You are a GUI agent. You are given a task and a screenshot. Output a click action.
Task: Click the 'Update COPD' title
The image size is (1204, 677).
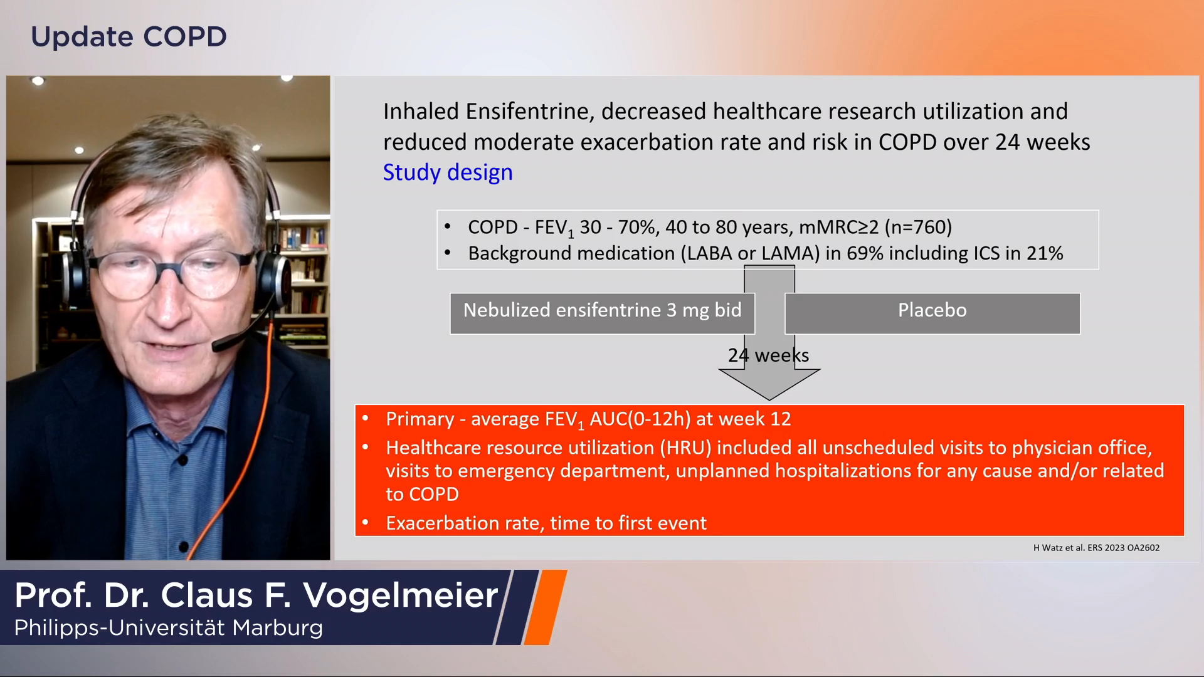pyautogui.click(x=129, y=36)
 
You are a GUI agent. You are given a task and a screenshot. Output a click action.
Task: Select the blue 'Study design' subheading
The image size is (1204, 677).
pyautogui.click(x=448, y=172)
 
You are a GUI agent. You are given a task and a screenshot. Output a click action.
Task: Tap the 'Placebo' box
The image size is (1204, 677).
pyautogui.click(x=932, y=313)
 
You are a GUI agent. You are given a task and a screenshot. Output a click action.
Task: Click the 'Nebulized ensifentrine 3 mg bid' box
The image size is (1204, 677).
pyautogui.click(x=602, y=313)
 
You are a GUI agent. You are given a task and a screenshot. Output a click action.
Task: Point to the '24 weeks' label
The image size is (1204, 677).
pyautogui.click(x=768, y=355)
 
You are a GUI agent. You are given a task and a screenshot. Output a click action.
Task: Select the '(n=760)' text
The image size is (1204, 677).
pyautogui.click(x=918, y=227)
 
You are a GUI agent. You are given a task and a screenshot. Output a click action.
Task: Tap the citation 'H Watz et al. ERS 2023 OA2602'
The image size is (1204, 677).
pyautogui.click(x=1096, y=548)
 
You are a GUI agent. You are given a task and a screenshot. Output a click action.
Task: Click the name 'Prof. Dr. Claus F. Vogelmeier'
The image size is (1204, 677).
pyautogui.click(x=256, y=595)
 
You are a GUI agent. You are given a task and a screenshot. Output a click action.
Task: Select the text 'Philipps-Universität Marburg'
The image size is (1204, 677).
pyautogui.click(x=168, y=627)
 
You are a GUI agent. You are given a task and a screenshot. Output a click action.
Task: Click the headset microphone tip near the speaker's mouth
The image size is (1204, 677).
pyautogui.click(x=218, y=344)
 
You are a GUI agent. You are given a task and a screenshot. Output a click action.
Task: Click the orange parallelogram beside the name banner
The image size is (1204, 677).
pyautogui.click(x=546, y=607)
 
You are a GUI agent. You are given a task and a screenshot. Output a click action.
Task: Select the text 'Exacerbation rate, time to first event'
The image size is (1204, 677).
pyautogui.click(x=546, y=523)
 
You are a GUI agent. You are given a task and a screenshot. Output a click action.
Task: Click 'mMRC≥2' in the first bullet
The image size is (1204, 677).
pyautogui.click(x=838, y=227)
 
